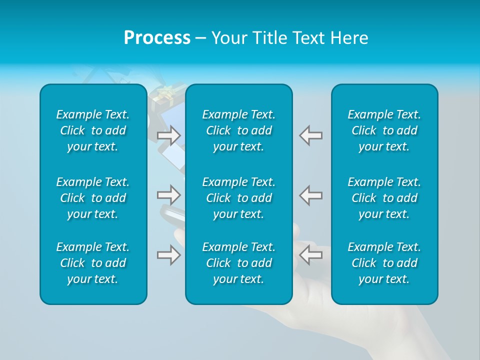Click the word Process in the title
click(x=157, y=38)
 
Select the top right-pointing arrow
click(x=168, y=135)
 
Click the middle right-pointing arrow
click(x=168, y=194)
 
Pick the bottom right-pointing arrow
click(x=168, y=254)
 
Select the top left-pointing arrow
click(x=310, y=135)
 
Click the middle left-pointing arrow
click(x=310, y=194)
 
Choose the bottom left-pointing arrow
click(x=310, y=254)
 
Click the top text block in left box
click(x=93, y=130)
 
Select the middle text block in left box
click(x=93, y=197)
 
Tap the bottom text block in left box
click(x=93, y=263)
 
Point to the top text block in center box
click(x=238, y=130)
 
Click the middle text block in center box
click(x=238, y=197)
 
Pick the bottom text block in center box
click(x=238, y=263)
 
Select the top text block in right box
click(x=384, y=130)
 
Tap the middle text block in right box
click(x=384, y=197)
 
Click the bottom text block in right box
click(x=384, y=263)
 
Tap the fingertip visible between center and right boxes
click(x=296, y=231)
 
